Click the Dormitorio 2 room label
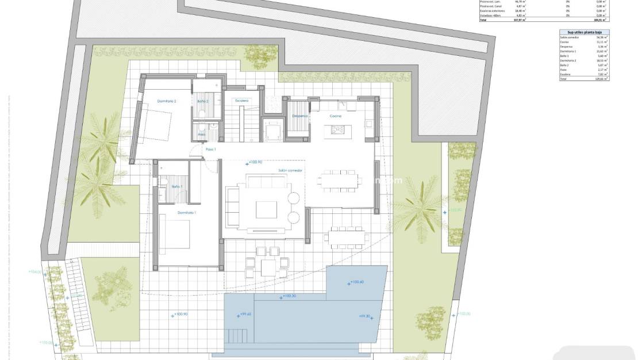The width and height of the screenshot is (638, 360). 167,101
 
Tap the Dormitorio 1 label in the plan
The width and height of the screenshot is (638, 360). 187,213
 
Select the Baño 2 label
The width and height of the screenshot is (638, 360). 202,101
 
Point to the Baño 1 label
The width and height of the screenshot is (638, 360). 177,187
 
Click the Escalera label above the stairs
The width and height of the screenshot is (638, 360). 241,101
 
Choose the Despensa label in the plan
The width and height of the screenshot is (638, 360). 300,116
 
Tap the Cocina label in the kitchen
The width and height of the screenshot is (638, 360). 336,116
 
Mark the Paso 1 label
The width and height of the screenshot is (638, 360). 210,150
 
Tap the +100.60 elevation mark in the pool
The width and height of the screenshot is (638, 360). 356,282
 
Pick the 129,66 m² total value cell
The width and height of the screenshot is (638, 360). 601,78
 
